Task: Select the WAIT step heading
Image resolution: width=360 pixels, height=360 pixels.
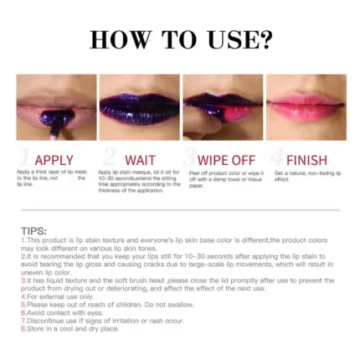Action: pos(140,160)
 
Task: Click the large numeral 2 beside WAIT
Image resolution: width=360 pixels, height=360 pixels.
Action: pos(110,158)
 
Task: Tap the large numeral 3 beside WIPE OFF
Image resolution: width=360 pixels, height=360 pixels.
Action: pos(190,158)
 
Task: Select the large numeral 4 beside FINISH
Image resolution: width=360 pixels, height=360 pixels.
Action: pos(275,158)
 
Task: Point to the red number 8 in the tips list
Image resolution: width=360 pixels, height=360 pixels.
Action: pos(22,327)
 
